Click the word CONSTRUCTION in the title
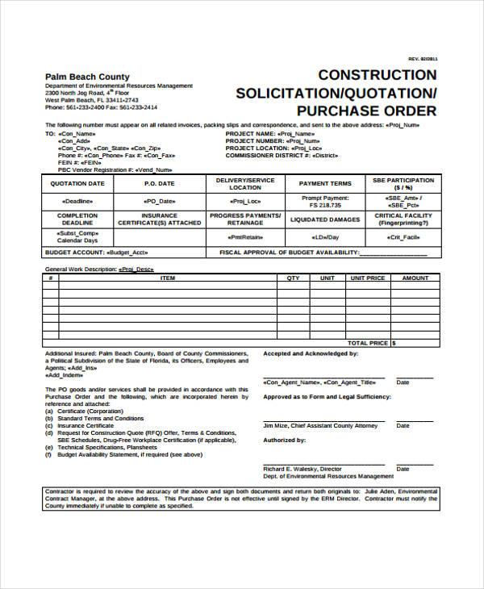[378, 75]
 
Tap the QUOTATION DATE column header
[77, 184]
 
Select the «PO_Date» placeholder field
[159, 200]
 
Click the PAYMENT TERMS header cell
[325, 184]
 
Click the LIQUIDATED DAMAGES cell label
[325, 219]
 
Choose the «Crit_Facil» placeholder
[403, 237]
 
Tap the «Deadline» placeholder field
[77, 200]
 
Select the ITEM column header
[168, 278]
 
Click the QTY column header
[293, 278]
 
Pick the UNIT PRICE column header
[366, 278]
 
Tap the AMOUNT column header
[415, 278]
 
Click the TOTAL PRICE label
[367, 343]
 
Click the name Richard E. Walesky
[291, 469]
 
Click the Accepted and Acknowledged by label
[311, 353]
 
